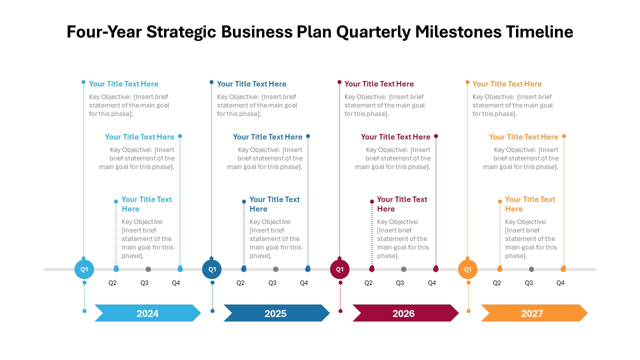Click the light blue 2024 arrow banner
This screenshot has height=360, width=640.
pos(147,313)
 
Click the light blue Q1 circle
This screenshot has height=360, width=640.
pos(84,269)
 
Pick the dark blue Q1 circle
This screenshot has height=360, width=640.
pos(211,269)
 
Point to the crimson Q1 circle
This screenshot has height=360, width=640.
pos(339,269)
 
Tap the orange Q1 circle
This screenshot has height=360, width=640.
pos(467,269)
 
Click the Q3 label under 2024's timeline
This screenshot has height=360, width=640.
pos(144,283)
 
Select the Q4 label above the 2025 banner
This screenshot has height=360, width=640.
pos(304,283)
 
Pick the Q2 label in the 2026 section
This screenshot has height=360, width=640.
pos(368,283)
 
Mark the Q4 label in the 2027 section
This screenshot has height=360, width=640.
pos(560,283)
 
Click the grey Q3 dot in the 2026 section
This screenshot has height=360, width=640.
pos(403,269)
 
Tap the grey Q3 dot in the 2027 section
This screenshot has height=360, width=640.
pos(531,269)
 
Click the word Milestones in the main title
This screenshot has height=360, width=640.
pos(458,31)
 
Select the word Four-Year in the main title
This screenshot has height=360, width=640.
pos(104,31)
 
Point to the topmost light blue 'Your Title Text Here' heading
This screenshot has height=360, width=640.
pos(123,83)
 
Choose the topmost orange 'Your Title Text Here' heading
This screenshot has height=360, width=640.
pos(507,83)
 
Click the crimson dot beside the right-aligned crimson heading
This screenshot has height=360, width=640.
pos(436,136)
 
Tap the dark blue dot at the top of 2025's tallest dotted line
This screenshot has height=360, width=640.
pos(211,82)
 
